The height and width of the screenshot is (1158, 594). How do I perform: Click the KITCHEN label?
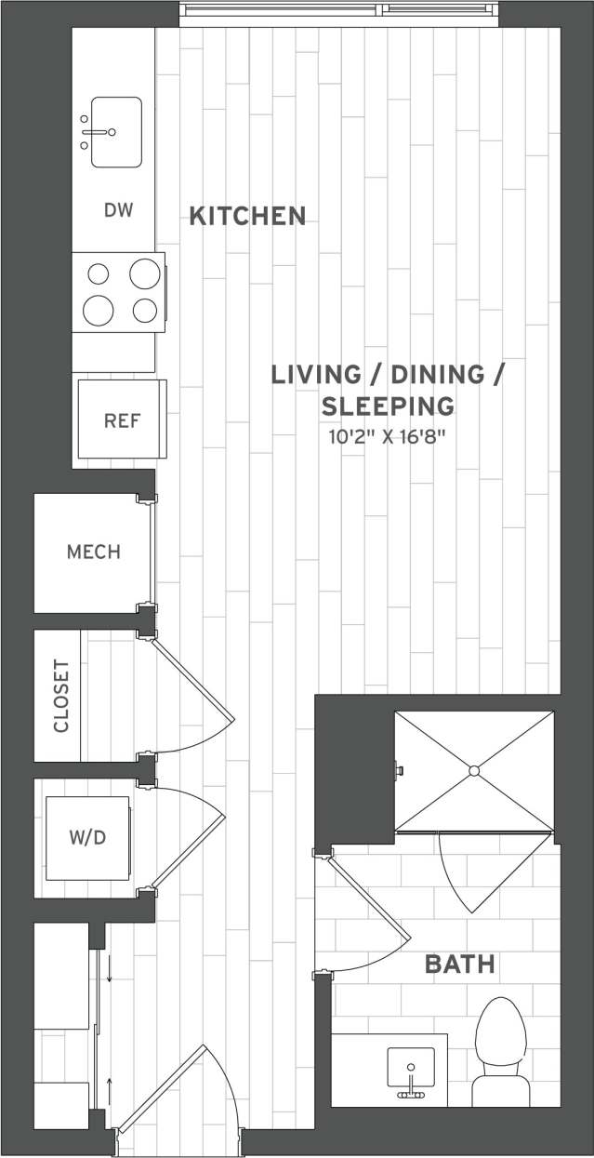247,216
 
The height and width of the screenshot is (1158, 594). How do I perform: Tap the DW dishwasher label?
118,210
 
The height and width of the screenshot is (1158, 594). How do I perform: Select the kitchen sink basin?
117,131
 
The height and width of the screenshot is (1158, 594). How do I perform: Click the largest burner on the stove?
145,274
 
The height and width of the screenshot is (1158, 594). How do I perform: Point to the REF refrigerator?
122,419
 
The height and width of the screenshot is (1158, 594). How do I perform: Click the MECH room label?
93,552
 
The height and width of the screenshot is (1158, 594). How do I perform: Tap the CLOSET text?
61,696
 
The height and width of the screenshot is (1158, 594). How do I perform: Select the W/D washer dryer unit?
87,838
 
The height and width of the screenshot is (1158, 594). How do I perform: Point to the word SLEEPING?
388,406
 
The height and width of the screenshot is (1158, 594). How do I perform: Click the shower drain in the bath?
473,770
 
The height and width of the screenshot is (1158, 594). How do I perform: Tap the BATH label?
459,965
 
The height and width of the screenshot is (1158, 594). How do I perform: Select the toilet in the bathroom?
500,1051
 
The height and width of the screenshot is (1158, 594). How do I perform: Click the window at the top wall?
340,10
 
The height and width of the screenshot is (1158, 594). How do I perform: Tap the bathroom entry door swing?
363,916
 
